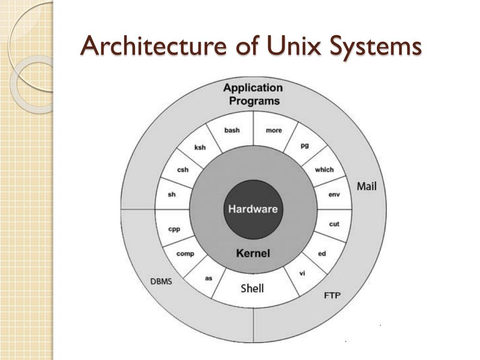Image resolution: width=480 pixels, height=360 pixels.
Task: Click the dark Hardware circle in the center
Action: [253, 209]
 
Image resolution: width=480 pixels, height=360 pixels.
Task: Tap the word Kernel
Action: [253, 254]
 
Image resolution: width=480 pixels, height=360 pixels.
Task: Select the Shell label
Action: [252, 288]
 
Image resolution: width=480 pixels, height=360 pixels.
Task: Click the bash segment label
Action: [232, 130]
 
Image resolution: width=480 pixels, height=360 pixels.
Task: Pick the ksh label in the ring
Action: [200, 147]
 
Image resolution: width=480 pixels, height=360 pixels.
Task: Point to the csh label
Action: [183, 170]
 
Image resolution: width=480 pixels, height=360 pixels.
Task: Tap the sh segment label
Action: [172, 194]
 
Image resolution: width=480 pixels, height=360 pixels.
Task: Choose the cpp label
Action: [174, 229]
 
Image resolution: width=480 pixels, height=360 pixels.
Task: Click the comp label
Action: [185, 254]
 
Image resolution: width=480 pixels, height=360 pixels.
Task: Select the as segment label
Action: [209, 278]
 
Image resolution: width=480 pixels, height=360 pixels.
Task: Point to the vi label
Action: [302, 273]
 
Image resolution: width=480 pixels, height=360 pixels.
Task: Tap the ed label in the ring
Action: [322, 254]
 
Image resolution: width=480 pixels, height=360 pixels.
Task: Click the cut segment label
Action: [334, 224]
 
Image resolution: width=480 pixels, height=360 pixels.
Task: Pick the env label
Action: [334, 195]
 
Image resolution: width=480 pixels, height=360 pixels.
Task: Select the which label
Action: [324, 170]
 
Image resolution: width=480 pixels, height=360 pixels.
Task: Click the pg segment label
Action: [305, 146]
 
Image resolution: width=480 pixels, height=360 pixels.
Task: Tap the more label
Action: [274, 130]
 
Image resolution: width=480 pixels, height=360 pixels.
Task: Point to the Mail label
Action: [367, 186]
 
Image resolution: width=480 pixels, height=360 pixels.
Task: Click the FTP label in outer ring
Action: [332, 295]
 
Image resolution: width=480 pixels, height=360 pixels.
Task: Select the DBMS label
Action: [161, 282]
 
